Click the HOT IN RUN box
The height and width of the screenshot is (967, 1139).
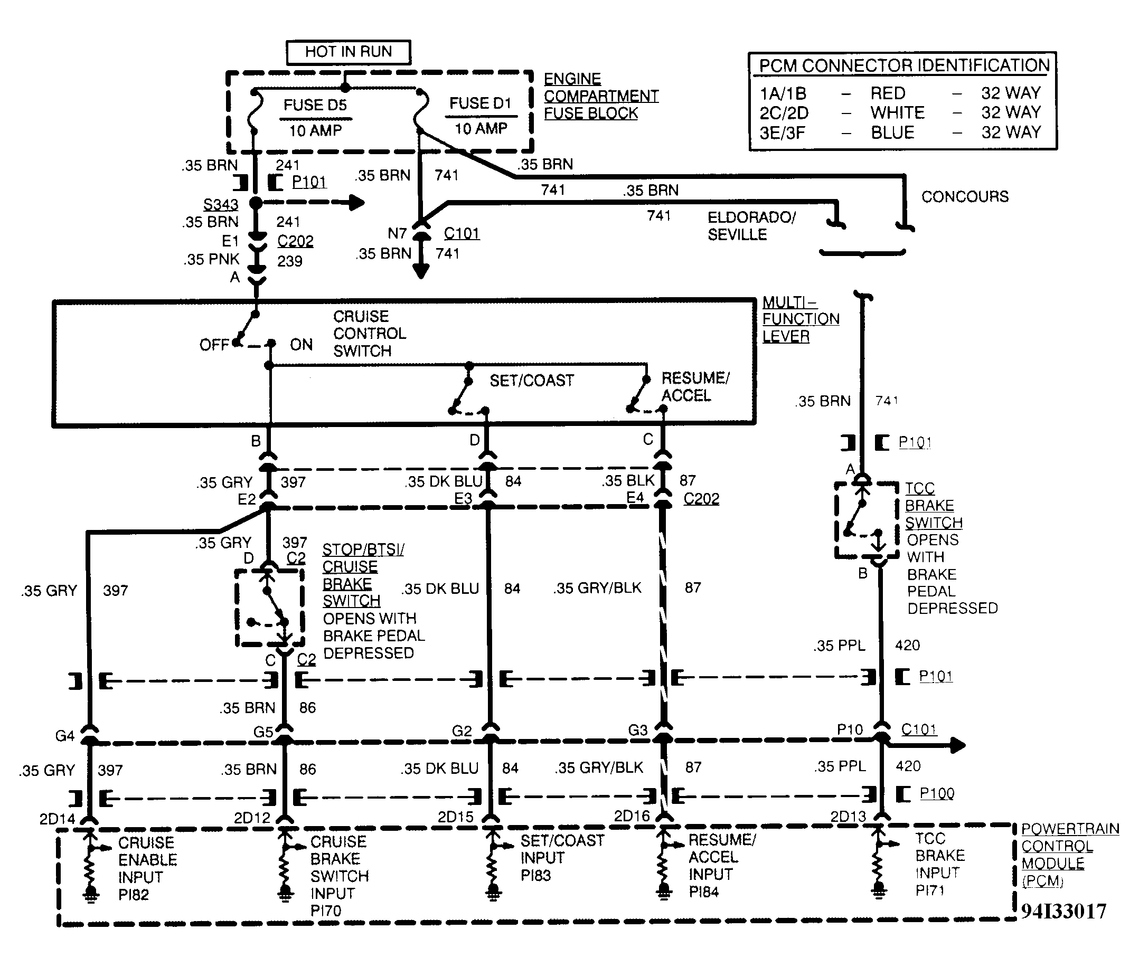[348, 52]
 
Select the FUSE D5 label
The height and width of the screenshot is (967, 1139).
[315, 105]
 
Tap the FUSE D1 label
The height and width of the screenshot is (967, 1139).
[480, 103]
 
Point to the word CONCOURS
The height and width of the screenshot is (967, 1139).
[965, 196]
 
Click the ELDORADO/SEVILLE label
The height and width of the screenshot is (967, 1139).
[751, 226]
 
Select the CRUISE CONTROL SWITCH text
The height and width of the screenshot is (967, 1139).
[369, 333]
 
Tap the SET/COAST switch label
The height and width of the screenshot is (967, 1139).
[531, 381]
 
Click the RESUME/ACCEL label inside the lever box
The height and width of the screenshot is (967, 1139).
[695, 386]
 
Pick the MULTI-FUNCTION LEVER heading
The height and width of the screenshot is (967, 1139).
[800, 319]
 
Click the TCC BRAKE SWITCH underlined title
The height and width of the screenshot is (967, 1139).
[933, 506]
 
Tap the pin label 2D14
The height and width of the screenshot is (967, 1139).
[57, 819]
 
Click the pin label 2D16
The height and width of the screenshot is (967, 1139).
[632, 816]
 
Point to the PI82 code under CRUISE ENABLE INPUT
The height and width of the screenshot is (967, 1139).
[133, 895]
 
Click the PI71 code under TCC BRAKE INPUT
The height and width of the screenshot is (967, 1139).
[930, 890]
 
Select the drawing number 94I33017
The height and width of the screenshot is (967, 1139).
[1063, 911]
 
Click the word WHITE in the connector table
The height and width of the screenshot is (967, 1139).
[897, 113]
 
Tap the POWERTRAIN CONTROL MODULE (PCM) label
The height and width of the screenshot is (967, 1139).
[1069, 855]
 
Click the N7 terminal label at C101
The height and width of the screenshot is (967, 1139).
[397, 233]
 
